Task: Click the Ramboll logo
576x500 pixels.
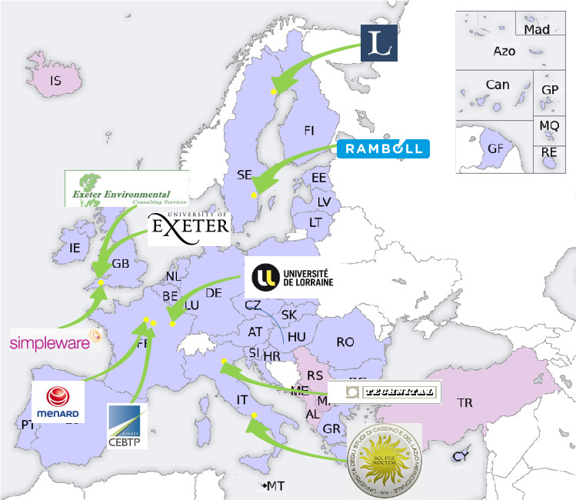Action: pos(383,148)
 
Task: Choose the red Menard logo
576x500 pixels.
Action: pos(58,400)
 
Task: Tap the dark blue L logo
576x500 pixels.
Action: pos(379,43)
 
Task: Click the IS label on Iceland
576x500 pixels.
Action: pos(55,80)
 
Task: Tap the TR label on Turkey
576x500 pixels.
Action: pos(464,402)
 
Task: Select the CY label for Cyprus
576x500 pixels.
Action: pos(460,456)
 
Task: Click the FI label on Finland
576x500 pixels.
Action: pos(309,130)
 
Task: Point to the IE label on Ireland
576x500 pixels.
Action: pos(75,248)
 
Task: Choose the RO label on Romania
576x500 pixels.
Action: pos(345,342)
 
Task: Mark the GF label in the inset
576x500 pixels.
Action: pos(495,148)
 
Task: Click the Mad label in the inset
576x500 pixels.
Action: pos(537,29)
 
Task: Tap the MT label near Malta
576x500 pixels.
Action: pos(275,486)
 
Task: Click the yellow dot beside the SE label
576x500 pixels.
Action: pos(253,195)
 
